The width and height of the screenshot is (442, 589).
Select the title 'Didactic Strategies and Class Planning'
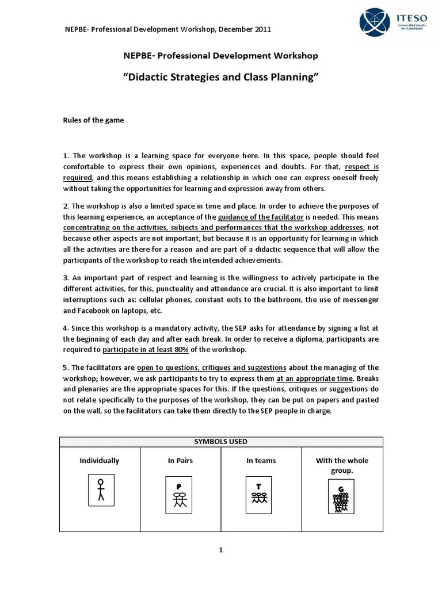point(221,77)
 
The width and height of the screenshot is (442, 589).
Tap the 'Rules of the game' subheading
point(93,120)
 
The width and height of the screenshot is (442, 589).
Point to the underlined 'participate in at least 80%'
point(146,350)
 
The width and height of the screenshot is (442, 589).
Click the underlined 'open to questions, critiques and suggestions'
point(211,368)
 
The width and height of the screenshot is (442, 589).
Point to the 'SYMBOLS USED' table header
point(221,442)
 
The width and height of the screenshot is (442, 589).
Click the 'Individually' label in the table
point(100,461)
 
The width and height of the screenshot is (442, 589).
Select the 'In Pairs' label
point(181,461)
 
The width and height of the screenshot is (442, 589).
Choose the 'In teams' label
point(261,461)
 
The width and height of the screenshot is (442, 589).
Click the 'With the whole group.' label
point(342,465)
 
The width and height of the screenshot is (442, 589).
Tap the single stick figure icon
point(101,490)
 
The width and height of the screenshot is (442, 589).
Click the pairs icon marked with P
point(180,495)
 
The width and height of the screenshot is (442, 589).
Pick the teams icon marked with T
point(258,494)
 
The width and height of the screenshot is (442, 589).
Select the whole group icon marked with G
point(341,498)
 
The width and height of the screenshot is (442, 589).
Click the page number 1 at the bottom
point(220,550)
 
